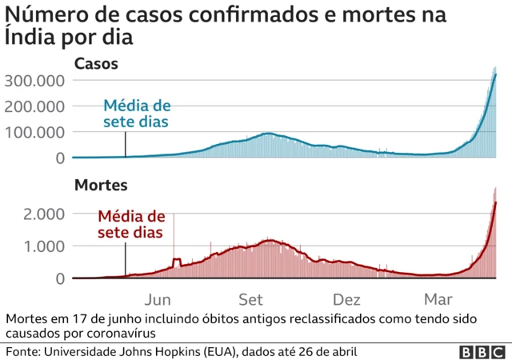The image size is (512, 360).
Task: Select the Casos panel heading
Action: click(97, 64)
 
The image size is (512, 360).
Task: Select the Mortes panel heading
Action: click(100, 186)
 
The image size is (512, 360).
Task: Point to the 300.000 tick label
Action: click(34, 80)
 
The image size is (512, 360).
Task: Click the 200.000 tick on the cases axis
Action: click(34, 106)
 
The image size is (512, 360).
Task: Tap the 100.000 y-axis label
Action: click(34, 132)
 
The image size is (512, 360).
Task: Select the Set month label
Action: click(250, 300)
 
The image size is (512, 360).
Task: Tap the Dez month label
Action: click(346, 300)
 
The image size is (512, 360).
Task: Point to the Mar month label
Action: click(438, 300)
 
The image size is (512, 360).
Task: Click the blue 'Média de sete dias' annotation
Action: click(136, 114)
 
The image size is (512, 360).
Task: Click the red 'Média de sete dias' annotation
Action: click(131, 224)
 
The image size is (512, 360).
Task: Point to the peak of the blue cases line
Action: click(496, 74)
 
